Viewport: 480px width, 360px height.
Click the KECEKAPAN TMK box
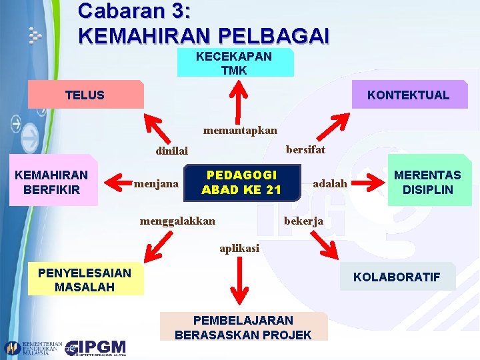(x=234, y=63)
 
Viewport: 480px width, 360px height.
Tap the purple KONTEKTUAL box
(x=408, y=95)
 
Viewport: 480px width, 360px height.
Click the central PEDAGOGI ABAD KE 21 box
(x=241, y=182)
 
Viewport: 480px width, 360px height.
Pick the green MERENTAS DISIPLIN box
(x=427, y=182)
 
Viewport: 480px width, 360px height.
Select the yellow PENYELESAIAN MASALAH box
(x=85, y=280)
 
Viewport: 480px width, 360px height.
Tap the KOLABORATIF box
(x=397, y=277)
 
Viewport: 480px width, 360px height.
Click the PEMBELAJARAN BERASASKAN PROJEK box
(x=243, y=327)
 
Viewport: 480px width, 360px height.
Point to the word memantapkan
(x=241, y=130)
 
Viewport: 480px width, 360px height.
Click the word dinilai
(x=171, y=151)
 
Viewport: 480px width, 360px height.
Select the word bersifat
(x=305, y=149)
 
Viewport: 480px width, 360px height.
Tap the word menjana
(x=156, y=182)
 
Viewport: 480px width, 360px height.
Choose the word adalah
(x=330, y=183)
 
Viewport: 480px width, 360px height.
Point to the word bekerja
(x=304, y=221)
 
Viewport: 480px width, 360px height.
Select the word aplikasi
(x=239, y=249)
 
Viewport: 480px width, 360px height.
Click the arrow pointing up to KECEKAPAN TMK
(x=235, y=99)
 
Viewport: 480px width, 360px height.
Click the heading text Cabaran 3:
(x=133, y=11)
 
